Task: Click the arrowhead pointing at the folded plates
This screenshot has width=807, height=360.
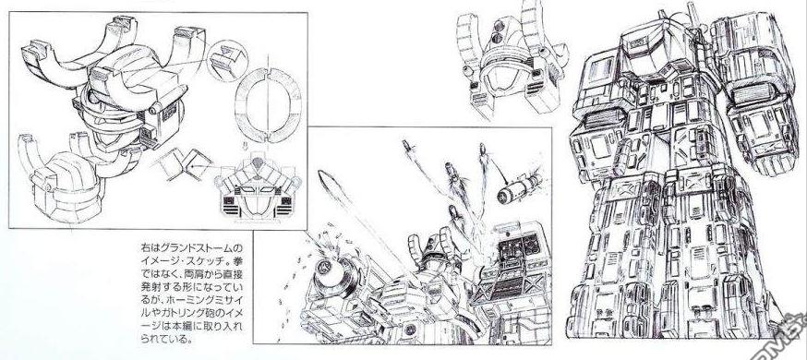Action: (x=192, y=166)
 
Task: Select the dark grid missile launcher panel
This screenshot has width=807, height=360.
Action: (x=520, y=246)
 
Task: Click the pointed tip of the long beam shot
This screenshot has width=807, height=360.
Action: (x=320, y=174)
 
